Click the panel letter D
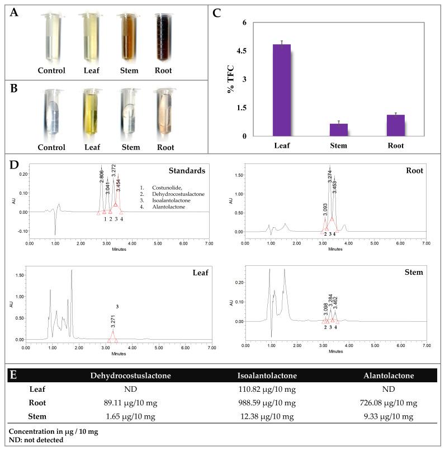pos(15,166)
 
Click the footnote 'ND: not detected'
pos(36,440)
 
